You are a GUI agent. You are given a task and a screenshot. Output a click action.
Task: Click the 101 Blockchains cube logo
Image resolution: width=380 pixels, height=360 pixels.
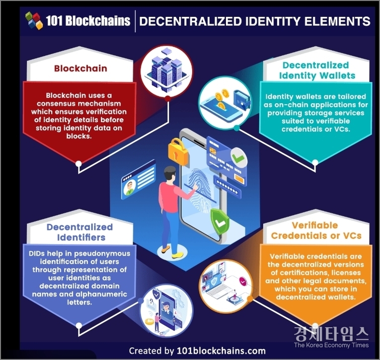pyautogui.click(x=34, y=20)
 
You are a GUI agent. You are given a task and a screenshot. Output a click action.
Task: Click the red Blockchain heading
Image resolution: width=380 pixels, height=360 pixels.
pyautogui.click(x=80, y=68)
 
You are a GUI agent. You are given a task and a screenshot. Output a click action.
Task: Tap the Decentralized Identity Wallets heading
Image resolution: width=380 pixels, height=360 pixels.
pyautogui.click(x=315, y=71)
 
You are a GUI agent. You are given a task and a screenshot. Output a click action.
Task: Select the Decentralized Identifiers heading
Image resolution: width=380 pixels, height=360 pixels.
pyautogui.click(x=79, y=232)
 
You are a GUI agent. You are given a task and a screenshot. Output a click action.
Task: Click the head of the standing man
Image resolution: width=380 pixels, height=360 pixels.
pyautogui.click(x=169, y=175)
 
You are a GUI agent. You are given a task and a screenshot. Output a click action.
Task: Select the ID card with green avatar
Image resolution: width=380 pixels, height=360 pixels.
pyautogui.click(x=136, y=180)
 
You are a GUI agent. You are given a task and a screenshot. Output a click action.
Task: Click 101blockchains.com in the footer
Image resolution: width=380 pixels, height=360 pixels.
pyautogui.click(x=221, y=350)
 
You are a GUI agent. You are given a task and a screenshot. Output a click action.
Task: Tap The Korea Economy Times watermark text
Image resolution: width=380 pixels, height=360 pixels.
pyautogui.click(x=331, y=345)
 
